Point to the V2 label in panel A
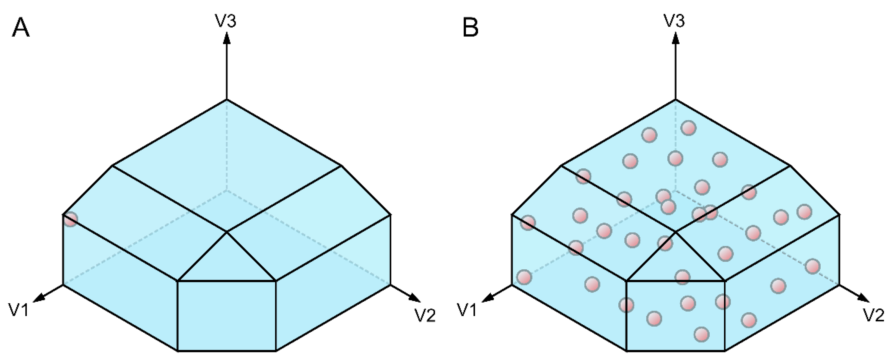(x=424, y=315)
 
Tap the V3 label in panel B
(x=674, y=21)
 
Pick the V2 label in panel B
(x=873, y=315)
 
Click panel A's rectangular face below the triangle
(x=227, y=315)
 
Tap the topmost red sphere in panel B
(x=688, y=128)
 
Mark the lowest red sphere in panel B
(x=702, y=334)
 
